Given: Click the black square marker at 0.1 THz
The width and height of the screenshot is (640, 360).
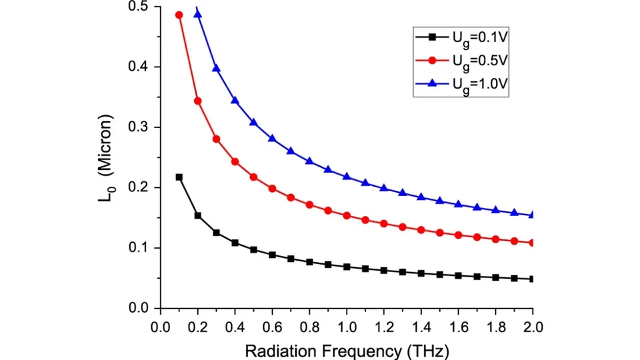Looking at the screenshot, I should [179, 177].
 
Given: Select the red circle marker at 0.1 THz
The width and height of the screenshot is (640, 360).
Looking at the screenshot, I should [179, 15].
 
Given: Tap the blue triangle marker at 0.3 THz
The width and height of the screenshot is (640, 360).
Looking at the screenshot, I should [216, 68].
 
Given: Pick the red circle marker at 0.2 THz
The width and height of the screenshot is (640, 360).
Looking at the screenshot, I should [197, 101].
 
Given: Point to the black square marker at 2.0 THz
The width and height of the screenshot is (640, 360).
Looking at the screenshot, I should [533, 279].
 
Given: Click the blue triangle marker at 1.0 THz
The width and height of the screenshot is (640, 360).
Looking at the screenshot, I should [347, 176].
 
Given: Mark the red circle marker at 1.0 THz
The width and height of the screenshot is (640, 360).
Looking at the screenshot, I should [347, 215].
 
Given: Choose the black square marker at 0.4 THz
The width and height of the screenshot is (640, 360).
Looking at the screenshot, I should [235, 243].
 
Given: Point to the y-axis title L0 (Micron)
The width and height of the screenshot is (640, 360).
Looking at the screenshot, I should [109, 157].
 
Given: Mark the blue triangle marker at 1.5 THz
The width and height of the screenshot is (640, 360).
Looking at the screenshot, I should [439, 200].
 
